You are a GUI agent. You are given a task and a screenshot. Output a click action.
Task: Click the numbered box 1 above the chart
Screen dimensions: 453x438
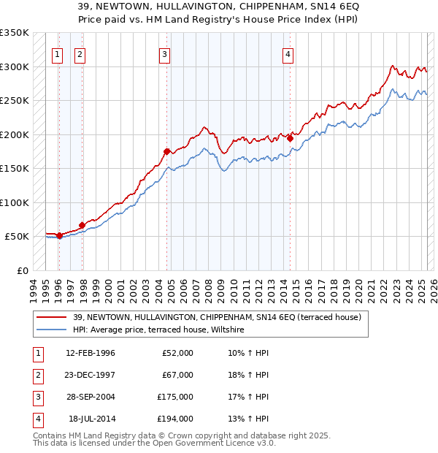tap(57, 53)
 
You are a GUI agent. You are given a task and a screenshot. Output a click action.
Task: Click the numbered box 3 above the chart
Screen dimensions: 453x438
tap(165, 53)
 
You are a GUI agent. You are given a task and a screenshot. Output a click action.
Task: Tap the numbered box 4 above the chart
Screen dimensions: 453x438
tap(288, 53)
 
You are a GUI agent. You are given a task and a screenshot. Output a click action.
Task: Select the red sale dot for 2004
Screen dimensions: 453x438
tap(166, 151)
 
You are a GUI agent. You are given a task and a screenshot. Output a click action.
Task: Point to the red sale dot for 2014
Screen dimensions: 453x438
tap(290, 138)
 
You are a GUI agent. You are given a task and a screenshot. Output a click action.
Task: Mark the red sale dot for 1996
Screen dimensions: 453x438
tap(59, 235)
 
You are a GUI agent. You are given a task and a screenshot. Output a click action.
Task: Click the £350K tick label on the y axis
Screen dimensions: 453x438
tap(15, 33)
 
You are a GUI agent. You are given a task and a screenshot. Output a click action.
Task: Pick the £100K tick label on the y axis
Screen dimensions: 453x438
tap(15, 202)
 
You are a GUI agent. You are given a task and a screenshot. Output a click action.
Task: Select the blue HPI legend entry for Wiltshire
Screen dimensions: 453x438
tap(158, 330)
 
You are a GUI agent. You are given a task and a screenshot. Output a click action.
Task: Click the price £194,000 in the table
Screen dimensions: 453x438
tap(174, 419)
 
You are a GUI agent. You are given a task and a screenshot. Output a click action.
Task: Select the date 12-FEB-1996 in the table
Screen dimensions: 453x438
tap(91, 353)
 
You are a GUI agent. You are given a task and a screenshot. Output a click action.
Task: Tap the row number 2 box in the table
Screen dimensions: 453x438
tap(36, 375)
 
